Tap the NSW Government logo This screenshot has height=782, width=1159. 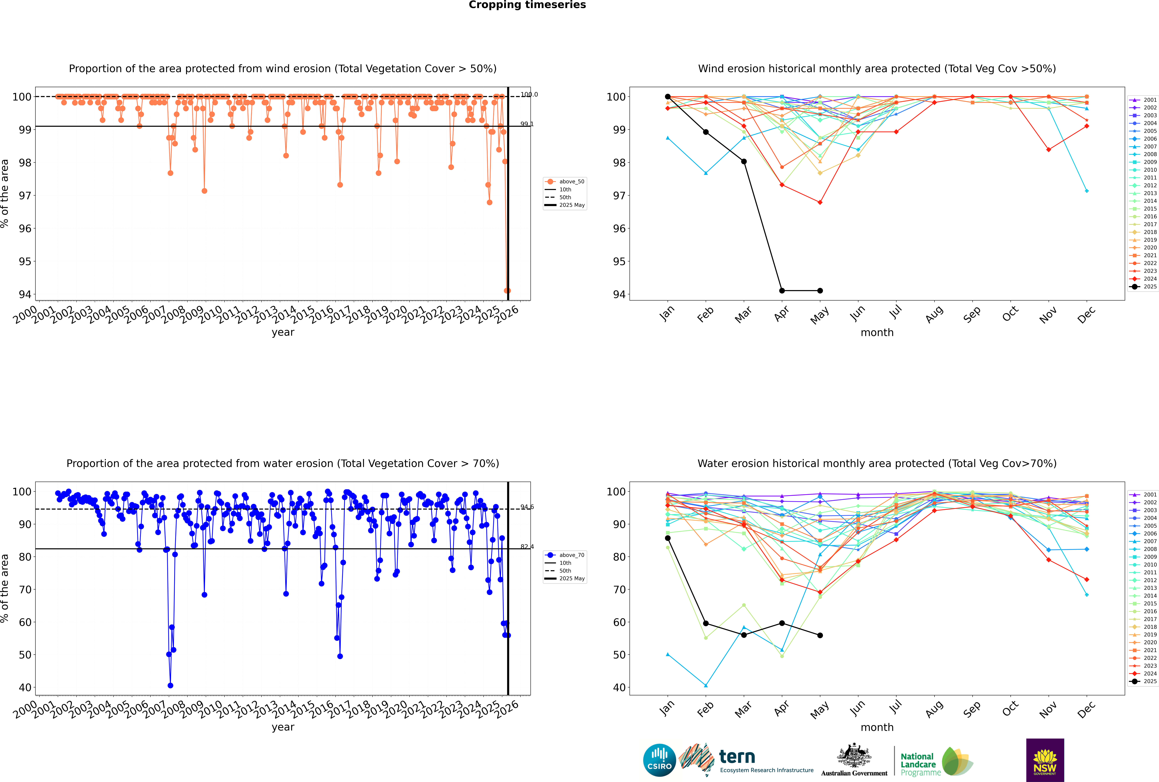(x=1045, y=760)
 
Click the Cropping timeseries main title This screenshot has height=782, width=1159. (x=527, y=5)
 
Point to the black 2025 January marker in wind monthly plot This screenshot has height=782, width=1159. (x=668, y=97)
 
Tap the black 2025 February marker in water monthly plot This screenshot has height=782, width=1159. (x=706, y=623)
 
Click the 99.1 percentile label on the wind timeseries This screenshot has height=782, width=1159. (x=527, y=124)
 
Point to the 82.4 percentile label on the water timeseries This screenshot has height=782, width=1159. (x=527, y=547)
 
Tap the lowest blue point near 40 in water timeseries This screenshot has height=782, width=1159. (x=170, y=686)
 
